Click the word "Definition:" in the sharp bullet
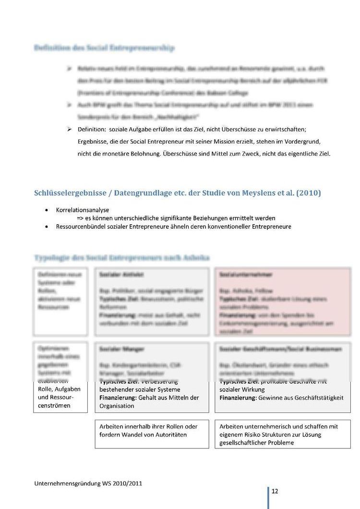click(92, 130)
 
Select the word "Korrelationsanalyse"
click(82, 210)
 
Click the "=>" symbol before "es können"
click(80, 218)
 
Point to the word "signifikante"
click(179, 218)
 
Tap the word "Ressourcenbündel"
click(81, 226)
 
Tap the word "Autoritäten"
click(170, 435)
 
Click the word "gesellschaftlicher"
click(242, 442)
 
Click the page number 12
click(275, 491)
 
